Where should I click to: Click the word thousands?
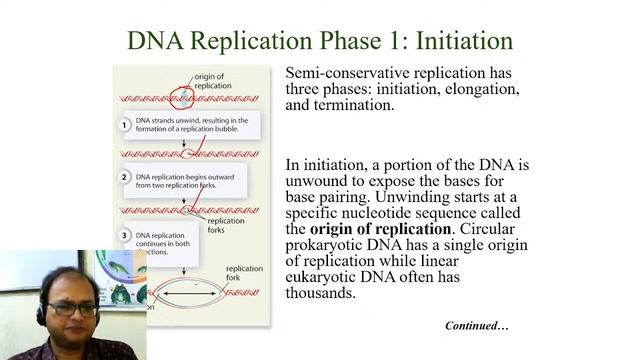tap(324, 294)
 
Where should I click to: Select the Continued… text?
tap(477, 326)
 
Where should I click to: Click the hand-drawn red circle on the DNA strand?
tap(181, 99)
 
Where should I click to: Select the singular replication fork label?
tap(244, 274)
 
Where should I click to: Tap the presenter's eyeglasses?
tap(73, 310)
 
